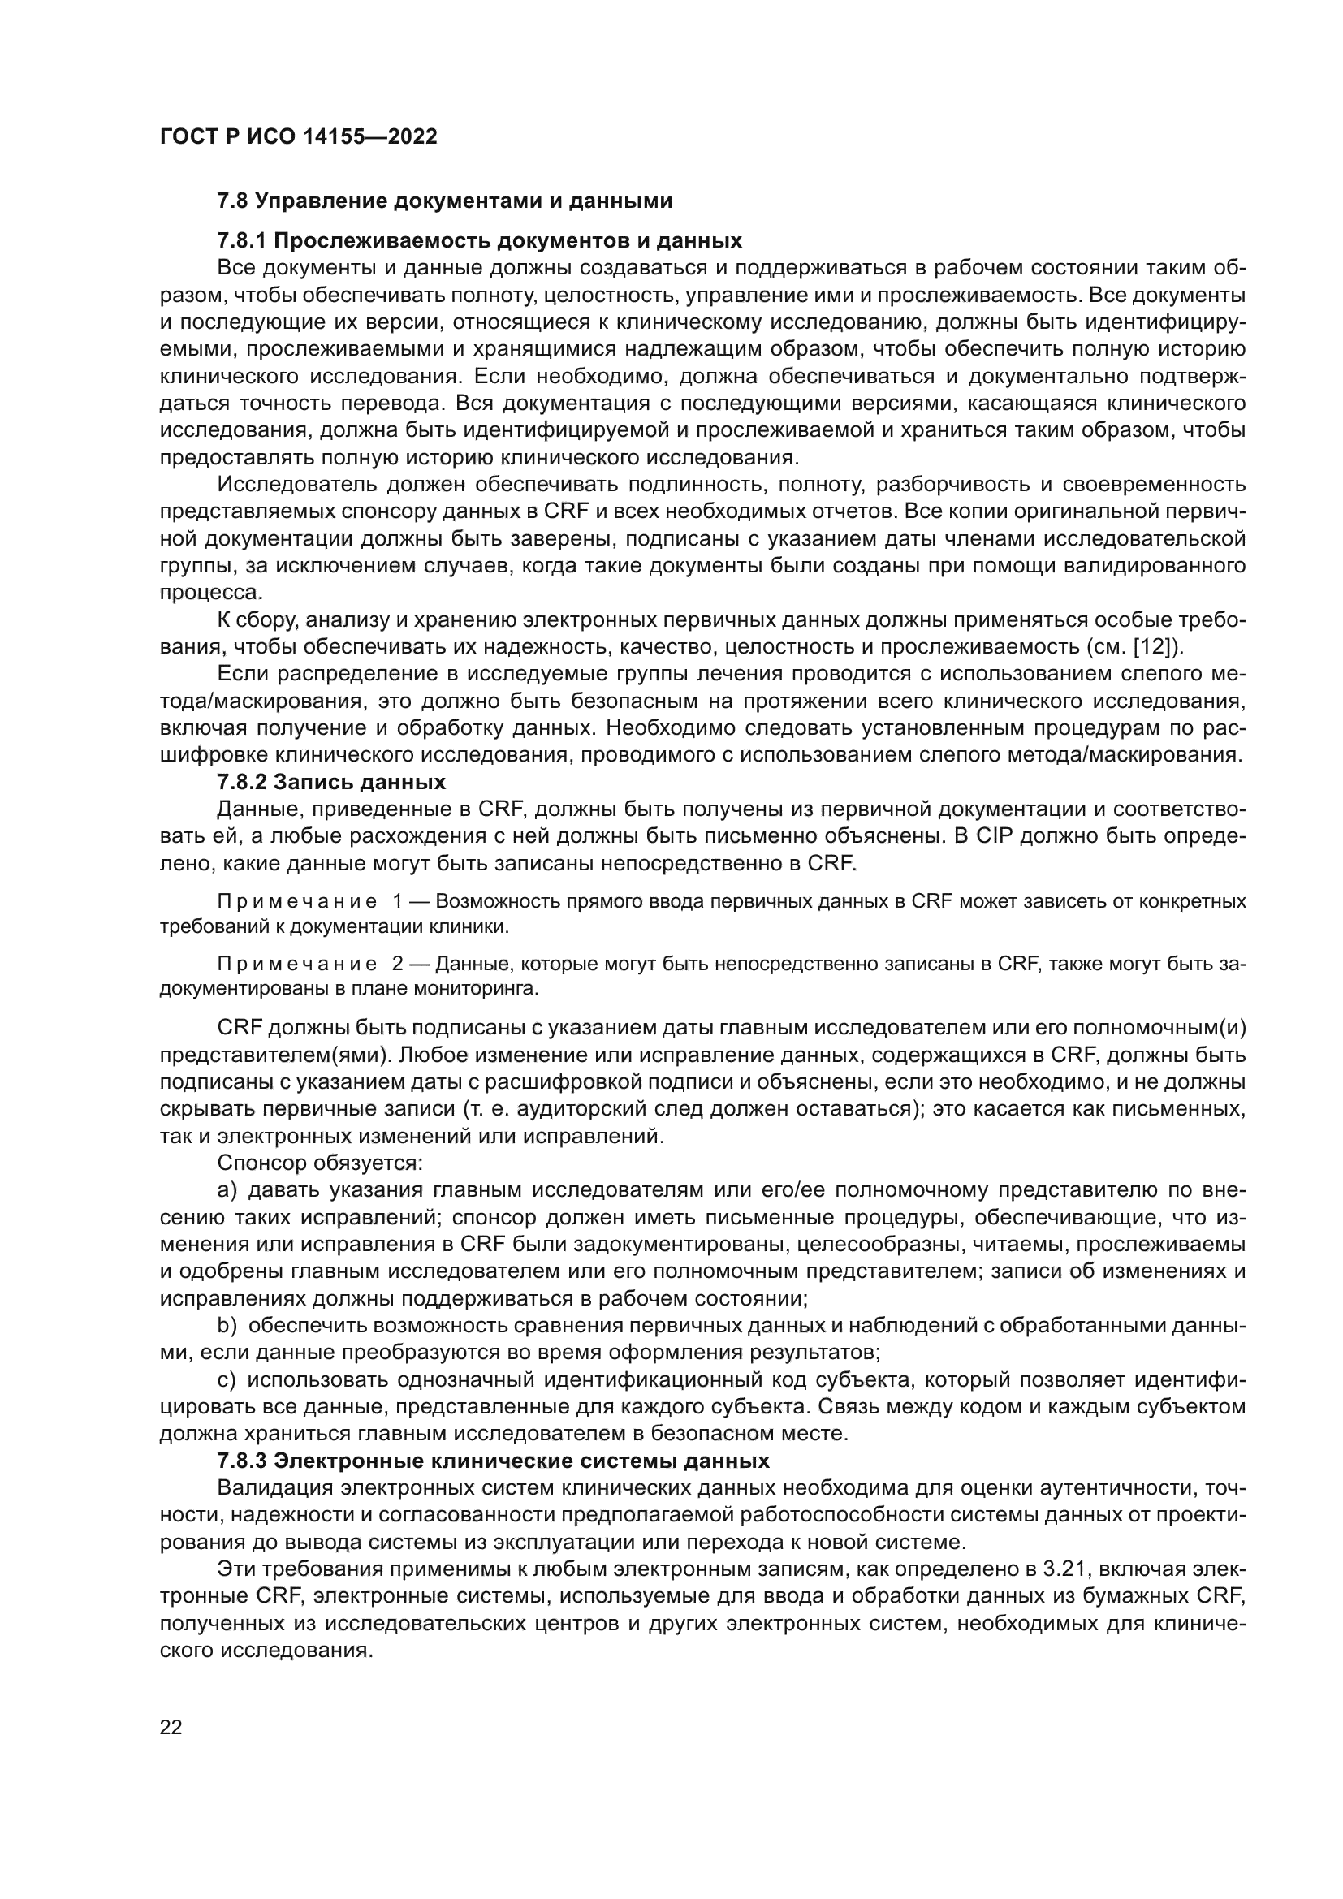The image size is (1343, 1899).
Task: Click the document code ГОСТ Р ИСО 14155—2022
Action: (299, 137)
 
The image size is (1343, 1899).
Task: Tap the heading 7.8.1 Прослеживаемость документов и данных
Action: (479, 241)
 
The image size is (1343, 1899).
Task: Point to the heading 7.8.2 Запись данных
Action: (330, 782)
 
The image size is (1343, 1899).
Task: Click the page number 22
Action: (171, 1727)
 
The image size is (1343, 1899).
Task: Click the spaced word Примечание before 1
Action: (297, 900)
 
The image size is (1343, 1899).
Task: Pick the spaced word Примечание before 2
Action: (297, 964)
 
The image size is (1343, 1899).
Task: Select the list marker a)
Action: (227, 1190)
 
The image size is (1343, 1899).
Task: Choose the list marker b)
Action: (227, 1326)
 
